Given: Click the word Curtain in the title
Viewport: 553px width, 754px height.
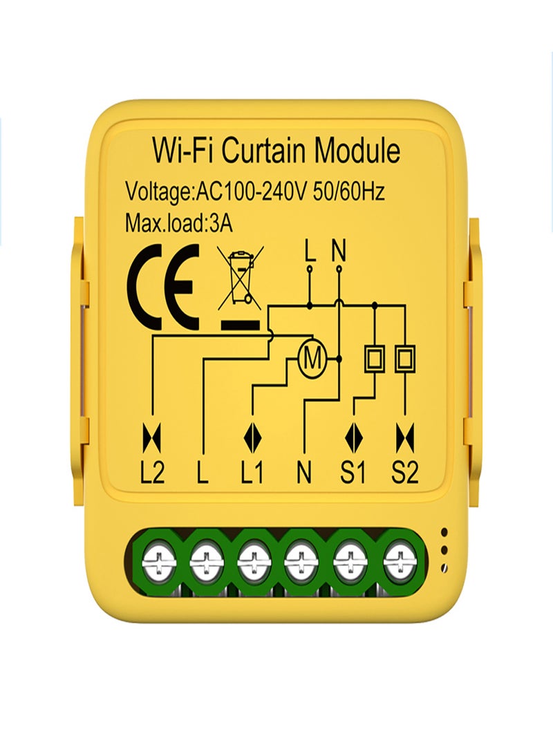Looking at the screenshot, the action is point(263,150).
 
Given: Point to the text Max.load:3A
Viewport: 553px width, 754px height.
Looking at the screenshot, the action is point(178,223).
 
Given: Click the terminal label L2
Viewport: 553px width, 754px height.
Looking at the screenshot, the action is point(153,473).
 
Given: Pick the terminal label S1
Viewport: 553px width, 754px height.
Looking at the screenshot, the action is point(353,473).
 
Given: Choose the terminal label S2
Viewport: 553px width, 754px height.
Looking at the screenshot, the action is point(405,473).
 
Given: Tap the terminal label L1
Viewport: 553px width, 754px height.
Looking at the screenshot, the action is point(252,473).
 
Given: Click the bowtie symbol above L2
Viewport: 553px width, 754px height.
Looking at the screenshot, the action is point(152,437).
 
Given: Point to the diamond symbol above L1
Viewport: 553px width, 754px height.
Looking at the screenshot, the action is point(252,437).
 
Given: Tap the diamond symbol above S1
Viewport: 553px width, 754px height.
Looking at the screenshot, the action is point(355,437).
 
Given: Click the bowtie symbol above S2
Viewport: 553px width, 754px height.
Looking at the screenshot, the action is point(405,437).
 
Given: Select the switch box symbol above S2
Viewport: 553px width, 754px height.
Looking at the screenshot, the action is point(405,358).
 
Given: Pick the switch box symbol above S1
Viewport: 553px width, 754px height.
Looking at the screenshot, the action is point(374,358).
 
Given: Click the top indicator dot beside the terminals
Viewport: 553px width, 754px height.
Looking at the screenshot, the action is point(444,532).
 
